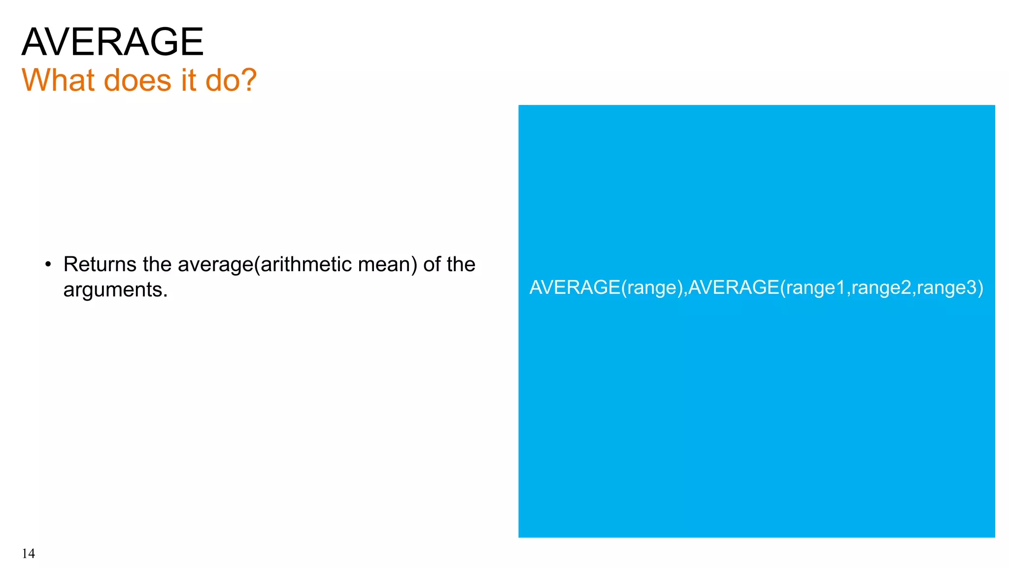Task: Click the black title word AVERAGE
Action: pyautogui.click(x=112, y=42)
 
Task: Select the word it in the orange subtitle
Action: pyautogui.click(x=188, y=80)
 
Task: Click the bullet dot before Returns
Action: pyautogui.click(x=48, y=264)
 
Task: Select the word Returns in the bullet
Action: pyautogui.click(x=100, y=264)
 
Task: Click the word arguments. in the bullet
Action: pyautogui.click(x=115, y=289)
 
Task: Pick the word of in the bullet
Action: pyautogui.click(x=432, y=264)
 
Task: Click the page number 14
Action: pyautogui.click(x=28, y=554)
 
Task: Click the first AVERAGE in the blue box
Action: pyautogui.click(x=574, y=287)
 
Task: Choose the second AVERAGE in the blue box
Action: pyautogui.click(x=733, y=287)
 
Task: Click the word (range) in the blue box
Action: pyautogui.click(x=652, y=287)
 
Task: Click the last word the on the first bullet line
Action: pyautogui.click(x=461, y=264)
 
